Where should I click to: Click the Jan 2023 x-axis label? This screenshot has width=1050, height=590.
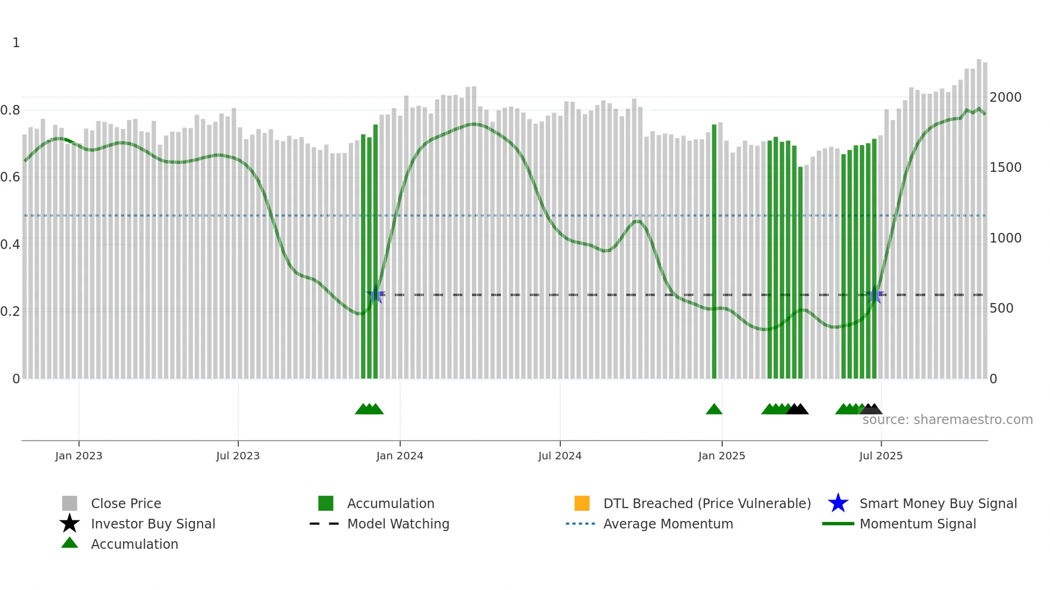78,456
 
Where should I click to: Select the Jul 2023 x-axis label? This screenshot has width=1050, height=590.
238,456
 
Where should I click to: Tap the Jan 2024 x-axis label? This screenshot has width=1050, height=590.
400,456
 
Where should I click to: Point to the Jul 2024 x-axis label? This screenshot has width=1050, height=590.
560,456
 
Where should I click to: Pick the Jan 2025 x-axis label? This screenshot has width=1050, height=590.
722,456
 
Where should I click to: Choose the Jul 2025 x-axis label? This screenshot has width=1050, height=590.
881,456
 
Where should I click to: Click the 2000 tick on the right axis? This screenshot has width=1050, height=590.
1005,97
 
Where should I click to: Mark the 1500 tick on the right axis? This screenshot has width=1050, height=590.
1005,168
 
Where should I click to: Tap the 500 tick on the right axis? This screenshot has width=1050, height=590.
1001,308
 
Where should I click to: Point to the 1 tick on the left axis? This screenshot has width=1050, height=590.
16,43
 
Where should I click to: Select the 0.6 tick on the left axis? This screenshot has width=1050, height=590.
10,177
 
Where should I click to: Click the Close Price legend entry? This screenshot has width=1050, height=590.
126,503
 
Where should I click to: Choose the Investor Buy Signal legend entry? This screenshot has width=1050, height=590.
153,524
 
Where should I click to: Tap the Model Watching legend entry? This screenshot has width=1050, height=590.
398,524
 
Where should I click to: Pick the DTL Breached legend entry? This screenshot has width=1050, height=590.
707,503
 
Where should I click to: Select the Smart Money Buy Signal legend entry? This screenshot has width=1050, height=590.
938,503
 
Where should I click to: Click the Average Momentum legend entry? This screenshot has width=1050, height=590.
668,524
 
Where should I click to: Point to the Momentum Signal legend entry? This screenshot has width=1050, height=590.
918,524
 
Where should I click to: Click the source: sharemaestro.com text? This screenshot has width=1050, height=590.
947,420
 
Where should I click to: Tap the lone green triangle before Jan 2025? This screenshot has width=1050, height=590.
714,410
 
